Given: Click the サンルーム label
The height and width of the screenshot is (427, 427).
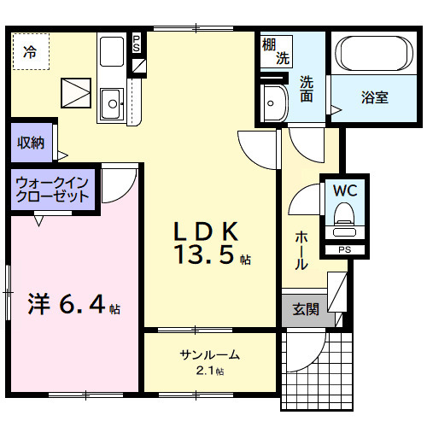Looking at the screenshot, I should (x=209, y=355).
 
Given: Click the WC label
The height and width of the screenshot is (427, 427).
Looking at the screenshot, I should (x=345, y=190).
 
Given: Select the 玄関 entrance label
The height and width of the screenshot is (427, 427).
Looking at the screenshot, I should (x=306, y=310).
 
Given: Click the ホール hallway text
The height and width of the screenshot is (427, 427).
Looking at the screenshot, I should (x=301, y=251).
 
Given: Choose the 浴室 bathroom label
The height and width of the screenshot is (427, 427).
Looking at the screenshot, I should (x=374, y=97).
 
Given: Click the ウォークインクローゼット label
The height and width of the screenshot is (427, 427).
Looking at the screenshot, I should (x=53, y=189).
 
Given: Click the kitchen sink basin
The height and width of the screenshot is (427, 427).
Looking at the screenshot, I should (x=113, y=105).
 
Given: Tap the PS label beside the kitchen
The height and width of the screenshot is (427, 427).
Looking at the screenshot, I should (x=136, y=44).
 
